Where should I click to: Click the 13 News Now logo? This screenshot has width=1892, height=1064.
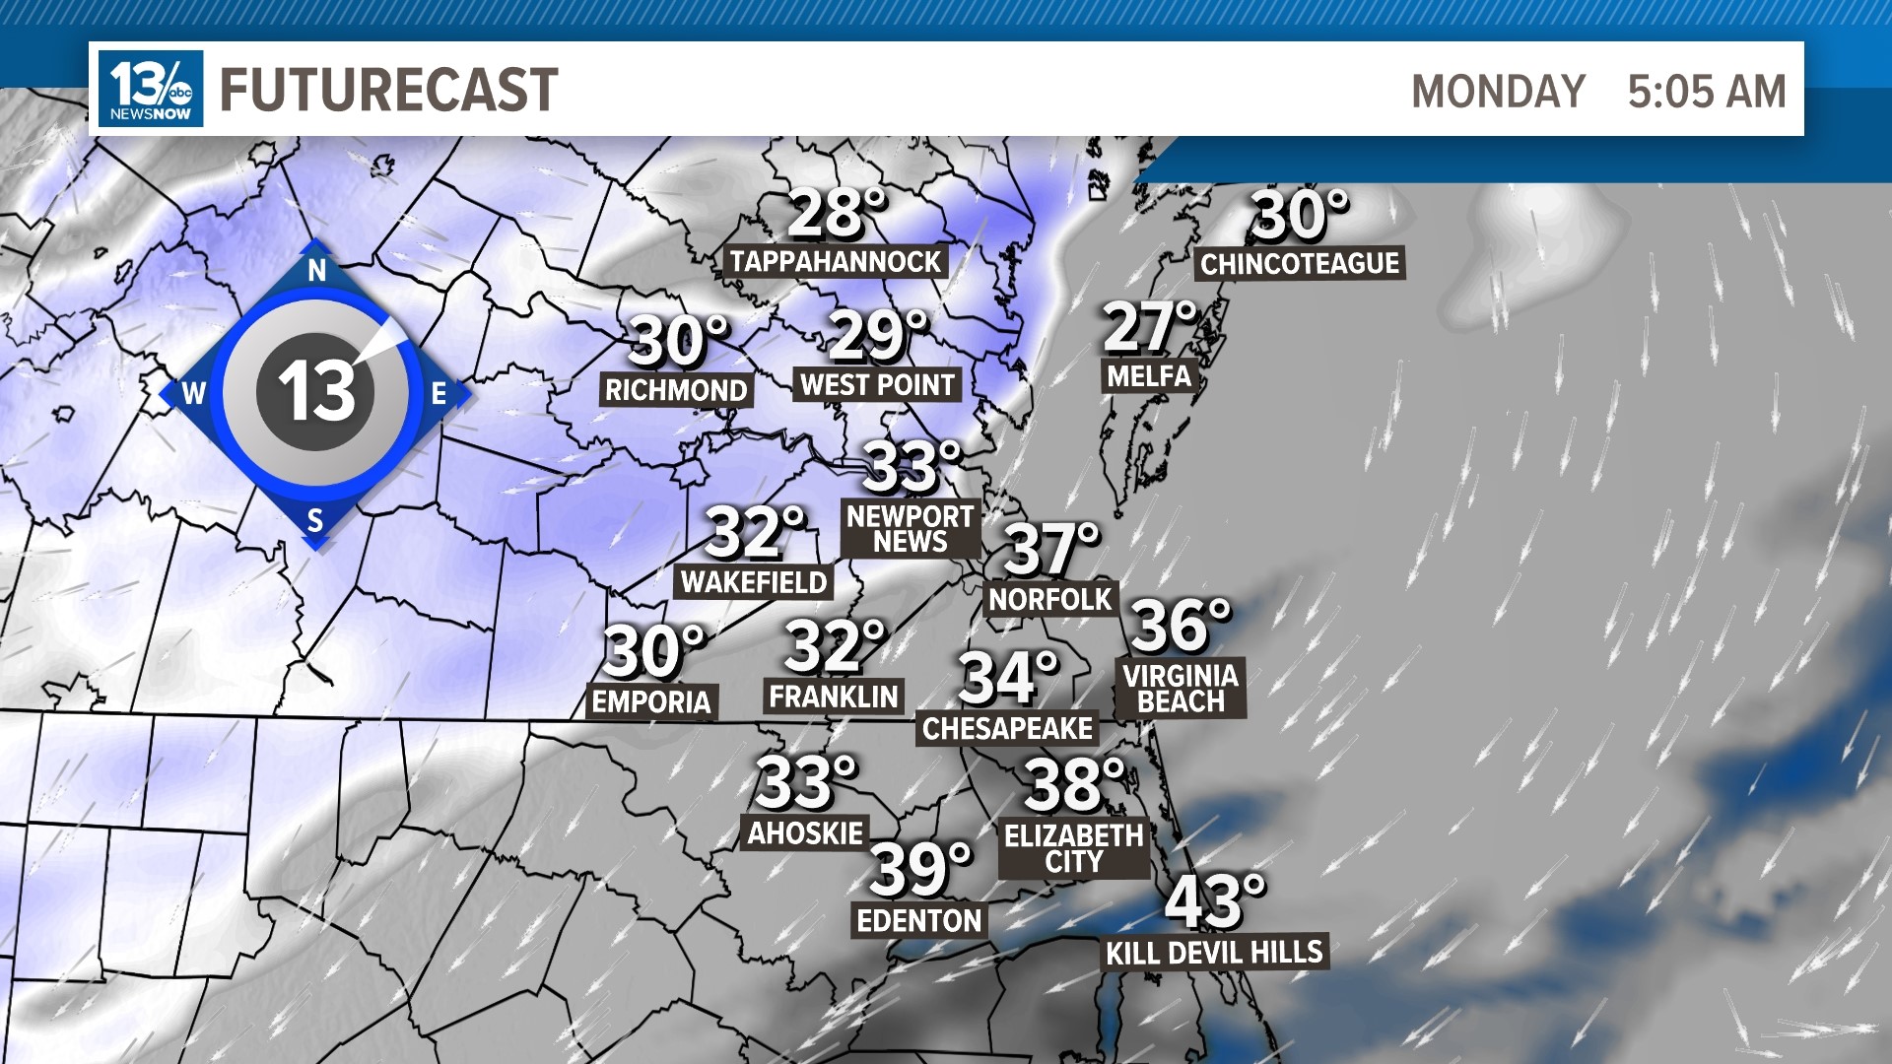point(151,89)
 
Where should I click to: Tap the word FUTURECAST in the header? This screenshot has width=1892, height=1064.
point(388,90)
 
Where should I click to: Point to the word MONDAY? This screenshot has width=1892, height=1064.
point(1498,92)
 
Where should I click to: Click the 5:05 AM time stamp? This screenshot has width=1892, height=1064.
point(1706,92)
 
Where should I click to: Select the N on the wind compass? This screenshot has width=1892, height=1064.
point(316,271)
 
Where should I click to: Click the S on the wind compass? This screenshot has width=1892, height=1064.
point(315,519)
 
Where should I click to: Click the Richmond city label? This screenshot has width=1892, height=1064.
point(676,390)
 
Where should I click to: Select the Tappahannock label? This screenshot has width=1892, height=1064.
point(836,261)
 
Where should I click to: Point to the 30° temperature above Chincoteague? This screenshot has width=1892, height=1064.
point(1299,216)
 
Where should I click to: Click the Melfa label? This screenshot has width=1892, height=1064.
point(1149,375)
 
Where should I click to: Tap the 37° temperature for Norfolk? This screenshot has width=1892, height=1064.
point(1050,549)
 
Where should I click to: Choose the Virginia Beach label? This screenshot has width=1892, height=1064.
point(1181,688)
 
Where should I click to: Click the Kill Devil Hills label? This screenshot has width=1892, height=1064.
point(1214,953)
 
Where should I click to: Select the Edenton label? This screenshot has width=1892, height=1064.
point(919,920)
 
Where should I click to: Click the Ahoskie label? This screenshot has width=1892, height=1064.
point(805,833)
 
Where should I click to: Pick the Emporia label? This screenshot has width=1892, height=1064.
point(651,701)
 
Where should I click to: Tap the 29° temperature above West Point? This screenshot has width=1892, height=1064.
point(877,336)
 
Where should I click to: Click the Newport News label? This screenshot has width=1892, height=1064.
point(910,529)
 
